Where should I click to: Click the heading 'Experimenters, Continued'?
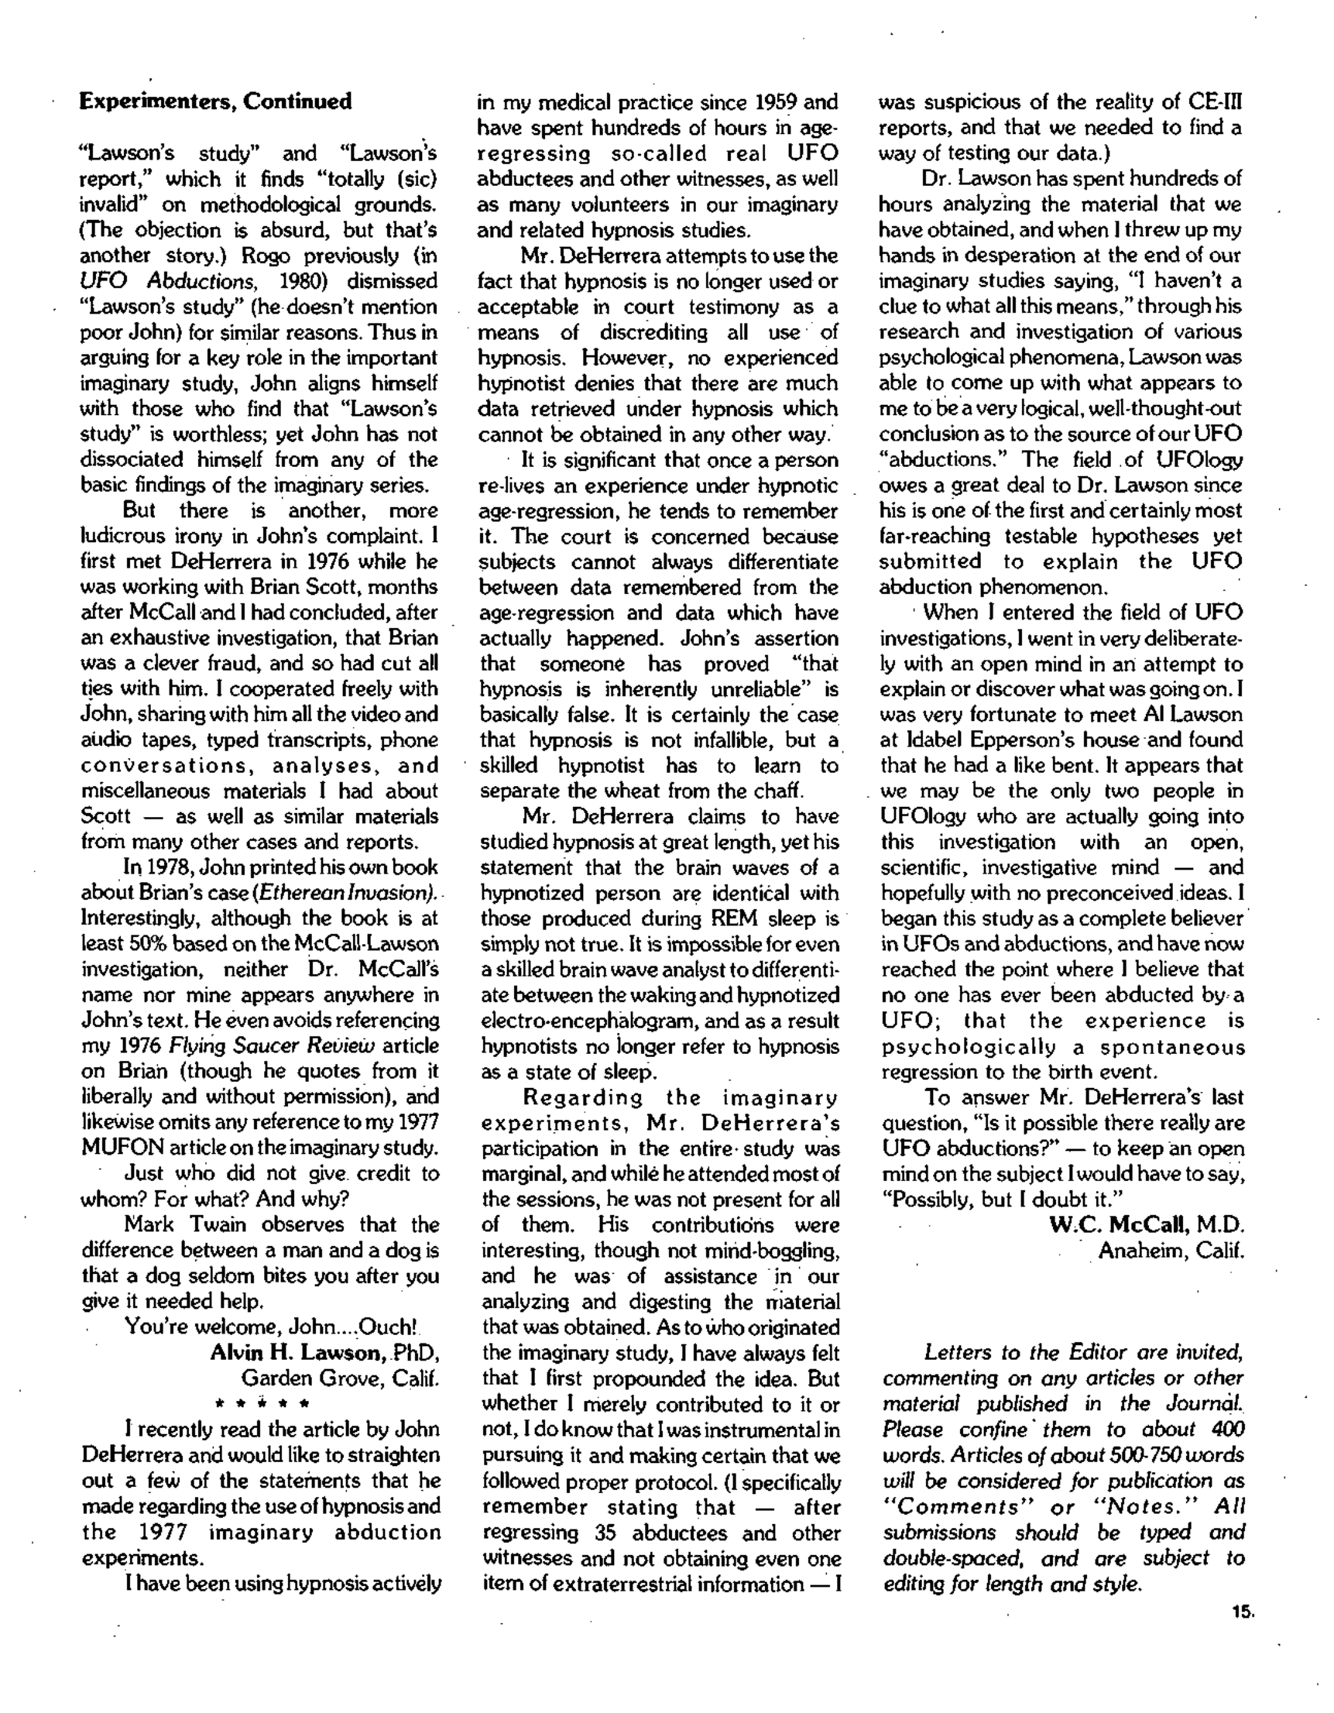point(216,102)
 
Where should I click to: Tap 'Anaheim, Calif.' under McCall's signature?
point(1171,1250)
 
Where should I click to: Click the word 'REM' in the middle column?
point(734,918)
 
